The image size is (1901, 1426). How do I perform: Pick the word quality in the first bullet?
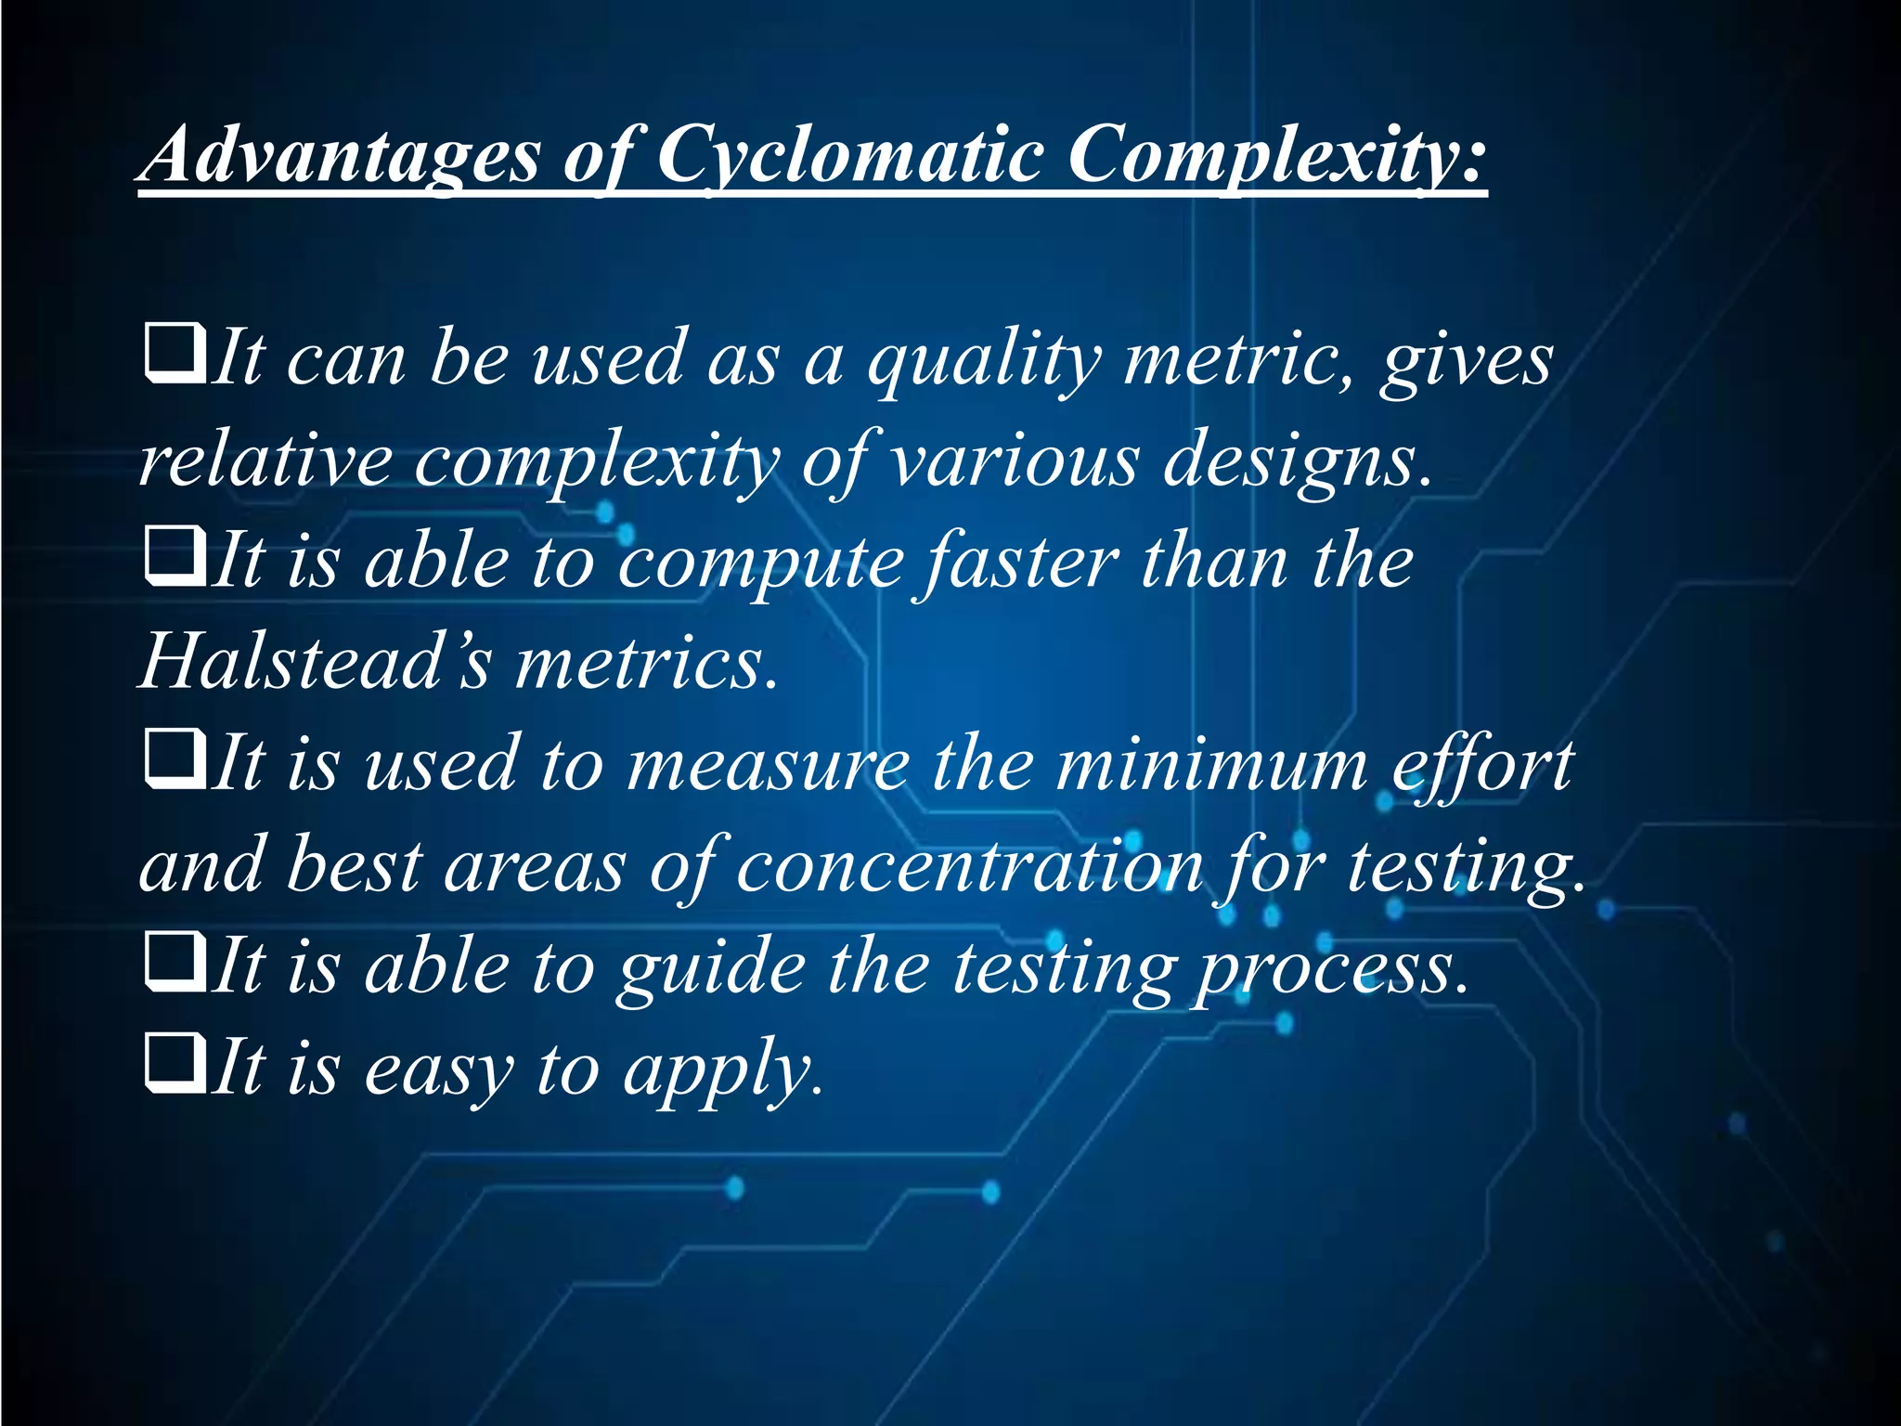(985, 361)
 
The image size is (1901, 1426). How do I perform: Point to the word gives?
(1466, 361)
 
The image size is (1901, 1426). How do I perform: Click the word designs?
(1298, 461)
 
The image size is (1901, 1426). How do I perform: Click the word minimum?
(1212, 766)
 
